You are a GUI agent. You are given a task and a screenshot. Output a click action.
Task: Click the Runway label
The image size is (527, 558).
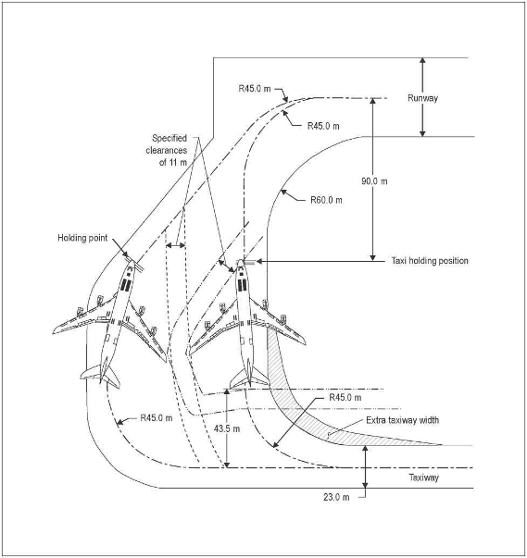pyautogui.click(x=422, y=98)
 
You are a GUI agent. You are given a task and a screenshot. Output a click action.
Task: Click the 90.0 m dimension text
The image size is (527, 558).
pyautogui.click(x=374, y=181)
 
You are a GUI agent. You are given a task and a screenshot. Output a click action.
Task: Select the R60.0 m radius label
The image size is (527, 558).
pyautogui.click(x=326, y=200)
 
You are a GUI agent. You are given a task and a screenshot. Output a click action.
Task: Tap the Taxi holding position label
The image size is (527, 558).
pyautogui.click(x=430, y=261)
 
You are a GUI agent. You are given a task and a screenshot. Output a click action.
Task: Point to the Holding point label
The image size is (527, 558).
pyautogui.click(x=82, y=238)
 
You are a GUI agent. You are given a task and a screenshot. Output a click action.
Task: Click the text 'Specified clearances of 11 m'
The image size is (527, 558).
pyautogui.click(x=167, y=150)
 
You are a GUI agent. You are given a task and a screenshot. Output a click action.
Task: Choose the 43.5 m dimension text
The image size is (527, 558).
pyautogui.click(x=227, y=428)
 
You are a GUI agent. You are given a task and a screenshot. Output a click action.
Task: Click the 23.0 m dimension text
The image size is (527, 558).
pyautogui.click(x=336, y=497)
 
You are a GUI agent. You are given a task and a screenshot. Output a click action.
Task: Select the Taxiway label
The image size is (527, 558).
pyautogui.click(x=424, y=477)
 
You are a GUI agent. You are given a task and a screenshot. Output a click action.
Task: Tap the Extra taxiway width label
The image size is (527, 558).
pyautogui.click(x=402, y=420)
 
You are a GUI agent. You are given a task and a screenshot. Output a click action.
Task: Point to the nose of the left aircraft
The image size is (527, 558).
pyautogui.click(x=131, y=262)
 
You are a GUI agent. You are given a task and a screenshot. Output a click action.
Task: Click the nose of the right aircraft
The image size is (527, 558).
pyautogui.click(x=241, y=261)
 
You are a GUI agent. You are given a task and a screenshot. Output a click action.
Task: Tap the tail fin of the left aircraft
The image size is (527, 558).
pyautogui.click(x=101, y=375)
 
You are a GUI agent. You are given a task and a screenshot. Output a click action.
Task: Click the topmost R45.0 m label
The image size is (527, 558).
pyautogui.click(x=255, y=89)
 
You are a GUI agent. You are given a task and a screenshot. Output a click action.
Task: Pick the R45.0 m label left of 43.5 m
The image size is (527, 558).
pyautogui.click(x=157, y=417)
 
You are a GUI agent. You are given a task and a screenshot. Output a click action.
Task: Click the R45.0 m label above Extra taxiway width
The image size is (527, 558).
pyautogui.click(x=345, y=398)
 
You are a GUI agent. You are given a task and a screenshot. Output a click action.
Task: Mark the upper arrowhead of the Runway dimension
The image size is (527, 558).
pyautogui.click(x=422, y=60)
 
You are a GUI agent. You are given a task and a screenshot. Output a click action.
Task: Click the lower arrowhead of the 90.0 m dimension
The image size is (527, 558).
pyautogui.click(x=373, y=257)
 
